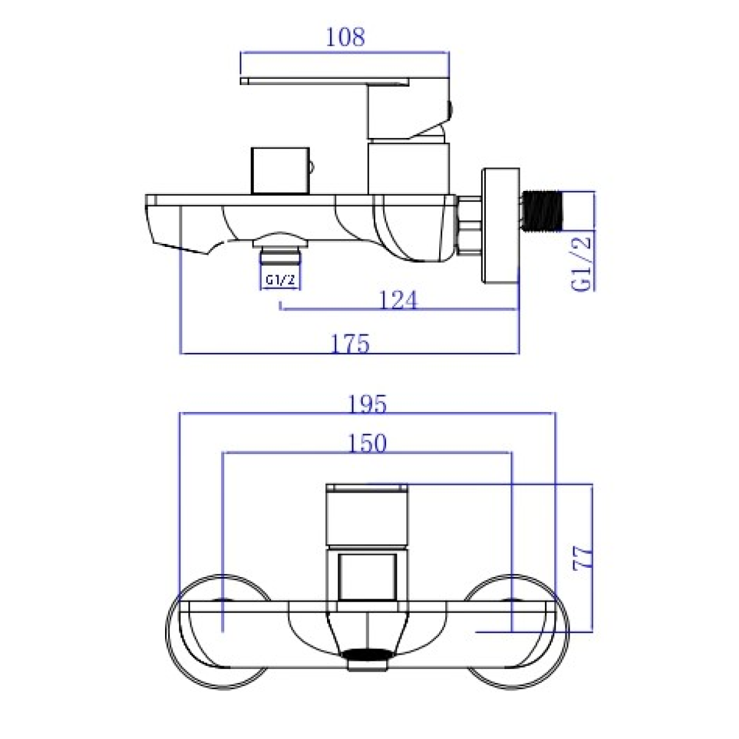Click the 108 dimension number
[x=345, y=38]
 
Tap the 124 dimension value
[x=398, y=300]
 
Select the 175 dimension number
[x=350, y=344]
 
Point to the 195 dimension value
[x=367, y=404]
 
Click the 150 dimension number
[x=367, y=443]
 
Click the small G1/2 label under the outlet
[x=280, y=280]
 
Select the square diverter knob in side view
[x=280, y=171]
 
